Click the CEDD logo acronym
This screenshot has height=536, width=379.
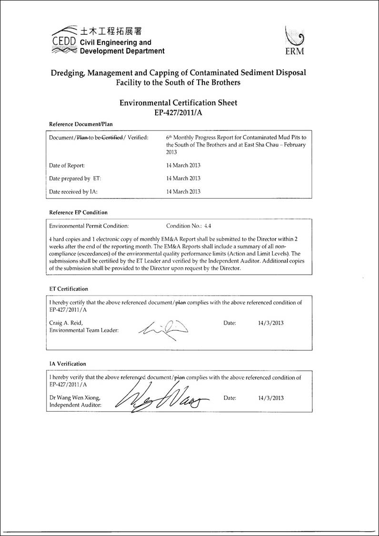(x=63, y=41)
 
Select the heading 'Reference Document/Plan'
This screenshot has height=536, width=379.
(x=81, y=124)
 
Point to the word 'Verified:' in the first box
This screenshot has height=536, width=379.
(x=138, y=137)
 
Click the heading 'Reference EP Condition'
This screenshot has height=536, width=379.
(x=79, y=212)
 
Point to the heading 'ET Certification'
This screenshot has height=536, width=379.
(x=69, y=288)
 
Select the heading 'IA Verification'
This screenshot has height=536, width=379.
(x=68, y=364)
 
